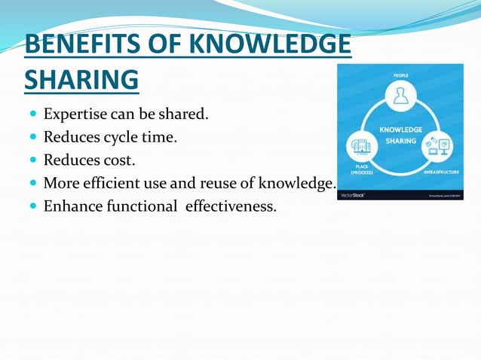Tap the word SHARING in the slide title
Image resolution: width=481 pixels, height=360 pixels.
tap(81, 78)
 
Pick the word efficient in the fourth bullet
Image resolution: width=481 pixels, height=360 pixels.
tap(112, 182)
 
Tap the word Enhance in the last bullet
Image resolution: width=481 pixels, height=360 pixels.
tap(72, 205)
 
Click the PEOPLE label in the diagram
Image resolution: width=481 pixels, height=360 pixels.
tap(400, 75)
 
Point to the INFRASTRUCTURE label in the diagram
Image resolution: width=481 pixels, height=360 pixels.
tap(440, 171)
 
